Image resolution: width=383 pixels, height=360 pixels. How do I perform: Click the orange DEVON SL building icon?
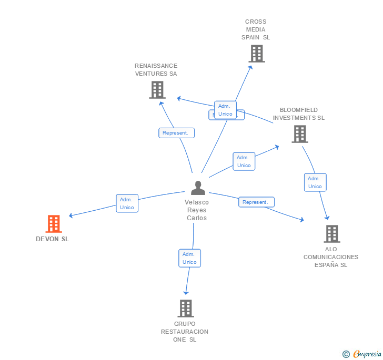(53, 224)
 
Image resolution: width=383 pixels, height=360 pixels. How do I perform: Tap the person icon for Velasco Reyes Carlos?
(198, 188)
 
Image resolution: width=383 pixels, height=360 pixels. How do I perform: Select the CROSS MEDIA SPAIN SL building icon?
(256, 54)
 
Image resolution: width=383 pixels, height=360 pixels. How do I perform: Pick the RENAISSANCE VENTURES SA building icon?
(157, 90)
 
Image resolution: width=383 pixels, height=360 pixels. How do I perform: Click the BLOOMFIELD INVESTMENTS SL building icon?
(299, 134)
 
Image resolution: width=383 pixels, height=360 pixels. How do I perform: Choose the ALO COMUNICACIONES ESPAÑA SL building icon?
(331, 234)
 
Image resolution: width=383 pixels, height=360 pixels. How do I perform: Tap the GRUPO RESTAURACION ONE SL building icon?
(185, 308)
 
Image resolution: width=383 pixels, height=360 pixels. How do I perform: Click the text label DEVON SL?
(52, 239)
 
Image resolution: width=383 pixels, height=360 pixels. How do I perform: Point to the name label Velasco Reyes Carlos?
(197, 210)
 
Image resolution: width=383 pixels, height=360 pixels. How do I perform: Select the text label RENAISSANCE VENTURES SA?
(156, 70)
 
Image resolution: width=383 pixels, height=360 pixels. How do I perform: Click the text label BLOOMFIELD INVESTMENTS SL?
(298, 114)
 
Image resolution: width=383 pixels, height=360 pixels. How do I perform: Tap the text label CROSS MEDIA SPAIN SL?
(256, 30)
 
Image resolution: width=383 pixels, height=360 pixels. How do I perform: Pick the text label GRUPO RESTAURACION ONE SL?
(185, 332)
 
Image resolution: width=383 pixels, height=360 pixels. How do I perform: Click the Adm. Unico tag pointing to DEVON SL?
(127, 203)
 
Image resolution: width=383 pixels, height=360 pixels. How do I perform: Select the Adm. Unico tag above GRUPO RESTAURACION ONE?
(189, 258)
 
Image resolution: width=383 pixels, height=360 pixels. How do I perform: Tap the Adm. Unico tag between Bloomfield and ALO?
(315, 182)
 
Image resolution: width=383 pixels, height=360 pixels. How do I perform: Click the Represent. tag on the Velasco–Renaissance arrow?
(176, 133)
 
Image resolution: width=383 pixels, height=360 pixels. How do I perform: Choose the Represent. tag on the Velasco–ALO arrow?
(256, 202)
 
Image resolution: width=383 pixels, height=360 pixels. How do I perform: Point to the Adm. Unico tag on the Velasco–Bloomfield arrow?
(244, 161)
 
